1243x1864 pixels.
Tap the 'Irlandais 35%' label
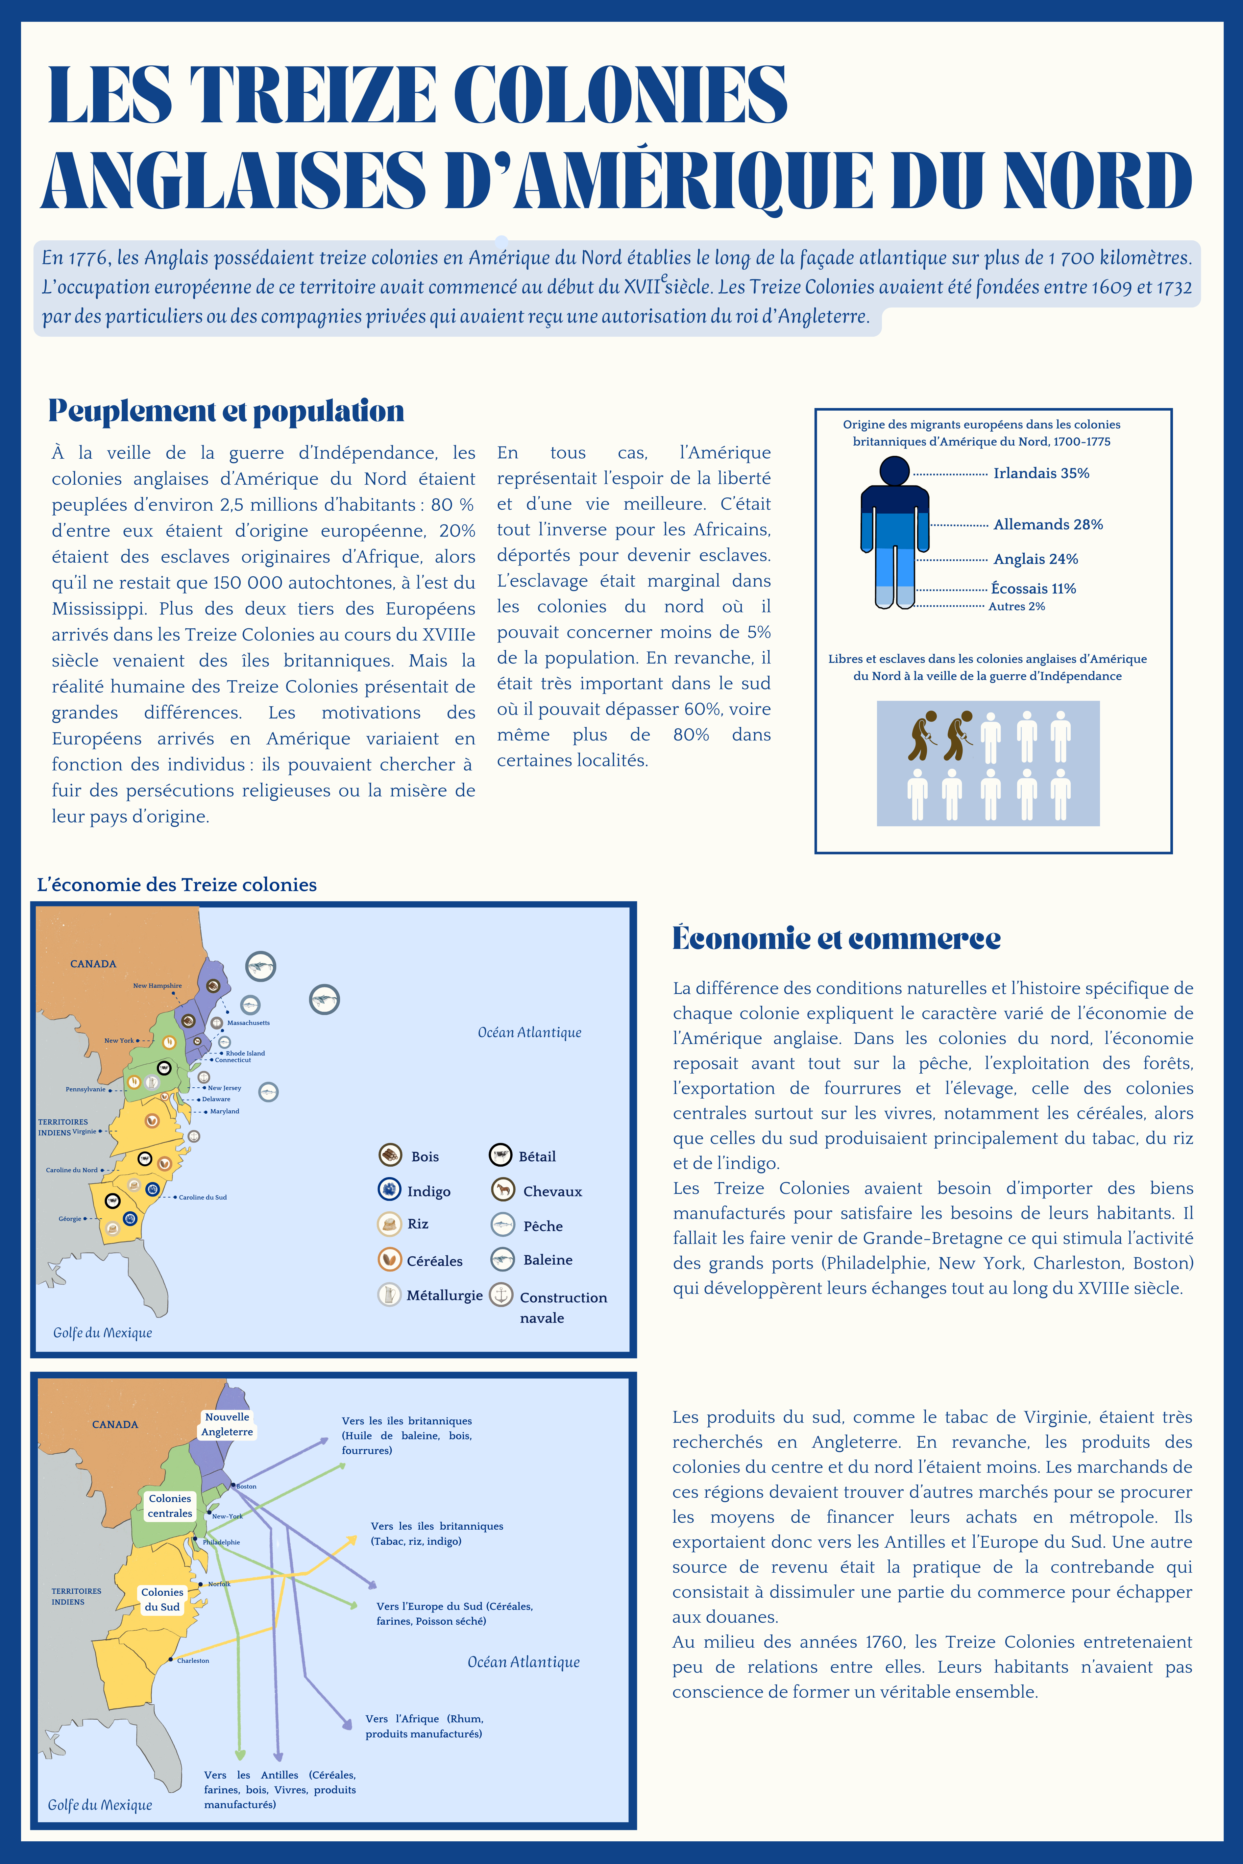[1041, 473]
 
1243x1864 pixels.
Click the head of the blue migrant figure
[894, 471]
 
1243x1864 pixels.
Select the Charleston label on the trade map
[193, 1660]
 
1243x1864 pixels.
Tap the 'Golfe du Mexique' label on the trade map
[100, 1804]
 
